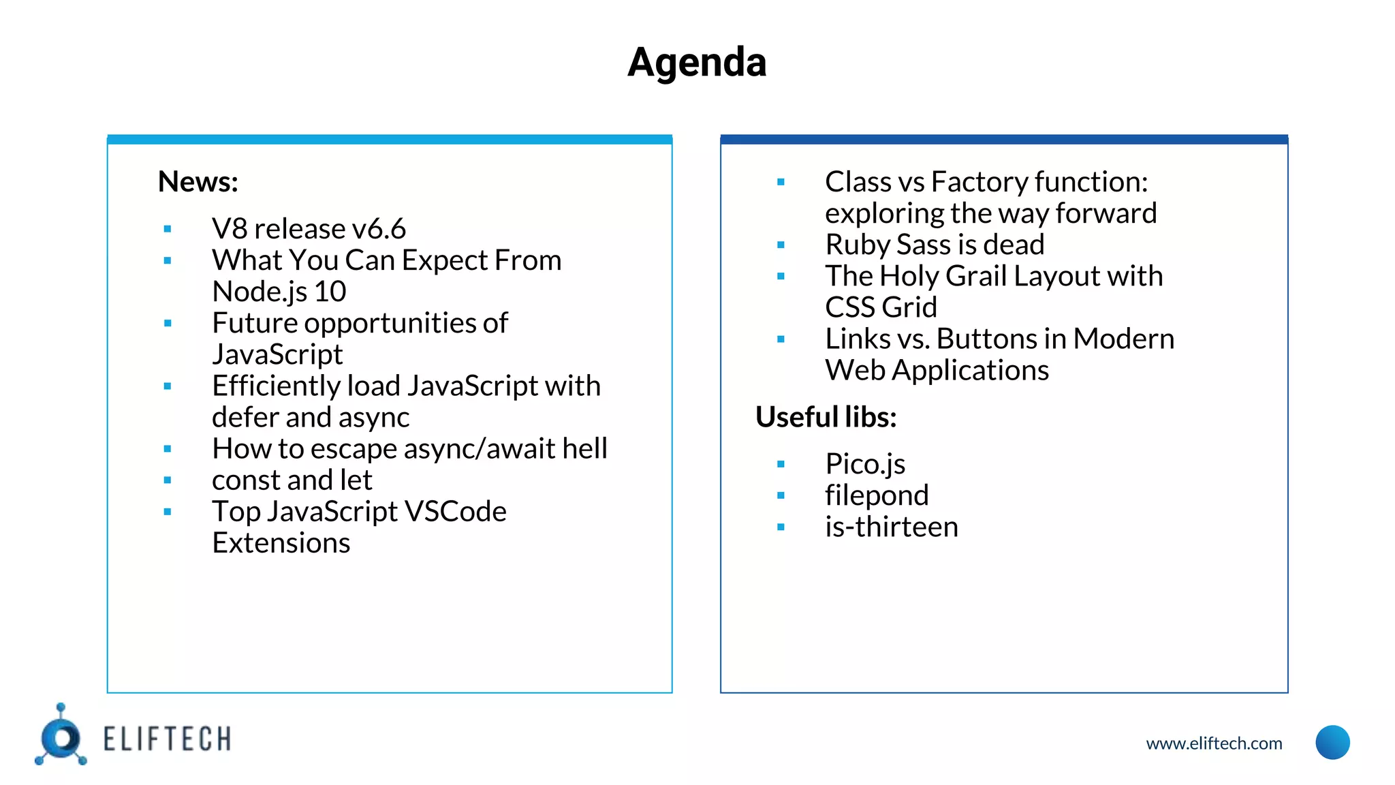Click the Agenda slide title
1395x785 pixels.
click(x=697, y=63)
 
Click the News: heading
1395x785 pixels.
click(x=198, y=182)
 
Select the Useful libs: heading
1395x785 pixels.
click(x=826, y=417)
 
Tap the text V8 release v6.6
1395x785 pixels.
click(x=309, y=229)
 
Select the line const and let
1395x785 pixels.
click(x=292, y=480)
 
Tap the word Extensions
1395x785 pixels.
click(x=281, y=543)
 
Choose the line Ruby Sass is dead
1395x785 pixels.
click(x=935, y=245)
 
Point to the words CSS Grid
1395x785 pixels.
click(x=881, y=307)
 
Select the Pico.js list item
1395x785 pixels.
click(x=865, y=464)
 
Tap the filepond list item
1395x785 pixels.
click(x=877, y=495)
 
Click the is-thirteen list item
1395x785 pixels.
click(x=891, y=527)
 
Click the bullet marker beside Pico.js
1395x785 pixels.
click(x=781, y=465)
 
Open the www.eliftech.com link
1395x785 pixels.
click(x=1214, y=743)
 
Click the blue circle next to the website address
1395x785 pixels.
click(x=1332, y=743)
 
